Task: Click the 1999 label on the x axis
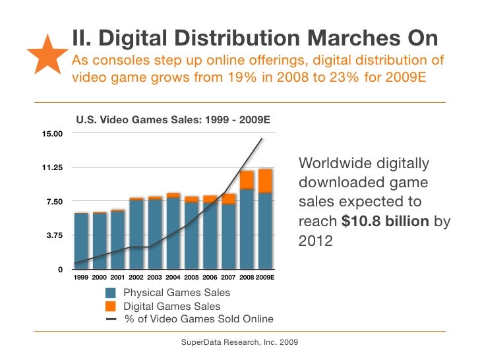pos(81,278)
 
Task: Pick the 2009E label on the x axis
pos(265,278)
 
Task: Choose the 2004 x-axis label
pos(173,278)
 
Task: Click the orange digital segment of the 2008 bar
pos(247,179)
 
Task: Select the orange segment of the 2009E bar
pos(265,180)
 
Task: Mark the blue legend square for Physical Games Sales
pos(110,293)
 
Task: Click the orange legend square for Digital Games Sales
pos(110,307)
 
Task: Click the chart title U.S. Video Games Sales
pos(173,121)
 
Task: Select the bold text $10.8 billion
pos(384,222)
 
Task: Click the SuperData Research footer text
pos(239,342)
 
